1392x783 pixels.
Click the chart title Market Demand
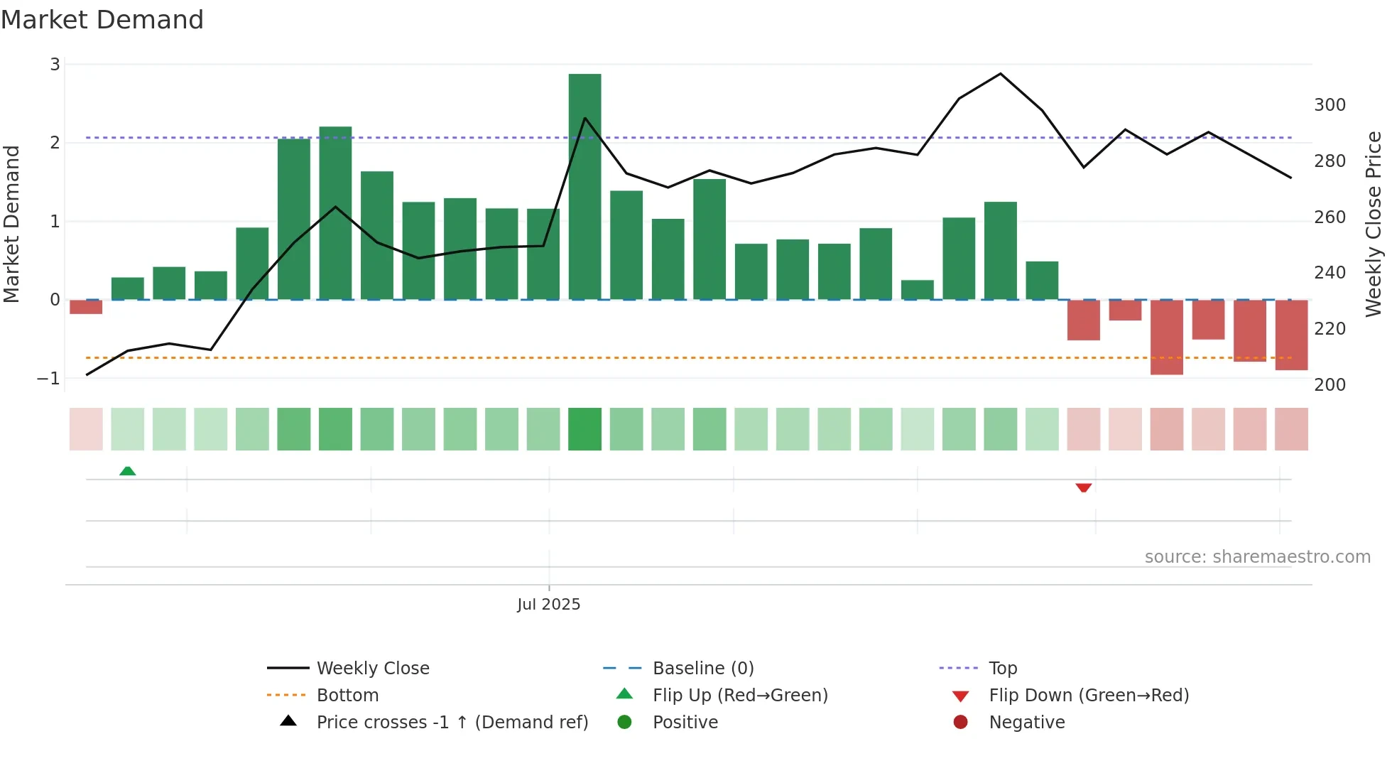coord(102,20)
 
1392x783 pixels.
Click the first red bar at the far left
coord(86,307)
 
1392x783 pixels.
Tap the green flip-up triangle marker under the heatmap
coord(128,471)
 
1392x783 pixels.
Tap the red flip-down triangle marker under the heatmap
coord(1083,487)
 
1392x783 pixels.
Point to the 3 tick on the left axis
coord(55,65)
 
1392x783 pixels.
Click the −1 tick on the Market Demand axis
coord(49,379)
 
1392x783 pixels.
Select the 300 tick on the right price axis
coord(1330,105)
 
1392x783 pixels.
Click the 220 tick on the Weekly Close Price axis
coord(1330,329)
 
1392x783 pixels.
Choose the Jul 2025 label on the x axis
coord(548,605)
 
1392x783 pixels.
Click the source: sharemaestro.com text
coord(1257,557)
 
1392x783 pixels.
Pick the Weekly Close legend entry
coord(372,669)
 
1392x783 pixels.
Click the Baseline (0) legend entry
coord(702,669)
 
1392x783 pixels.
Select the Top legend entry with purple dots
coord(1002,669)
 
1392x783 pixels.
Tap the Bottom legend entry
coord(347,696)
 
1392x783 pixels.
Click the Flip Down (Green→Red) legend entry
coord(1088,696)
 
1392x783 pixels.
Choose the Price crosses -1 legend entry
coord(452,723)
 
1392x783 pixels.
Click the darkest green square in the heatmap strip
coord(584,429)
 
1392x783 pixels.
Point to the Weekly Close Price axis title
coord(1374,224)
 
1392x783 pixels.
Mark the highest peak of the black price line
coord(1001,74)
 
